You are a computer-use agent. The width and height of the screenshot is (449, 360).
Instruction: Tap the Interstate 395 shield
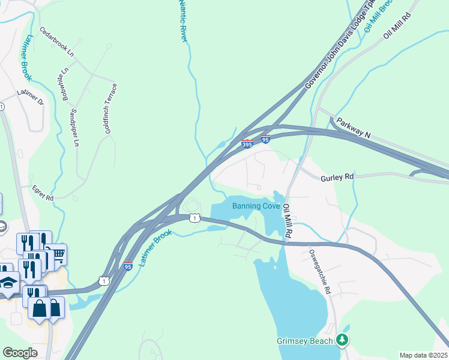click(x=247, y=144)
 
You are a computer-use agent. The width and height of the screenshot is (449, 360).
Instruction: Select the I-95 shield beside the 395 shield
click(x=265, y=139)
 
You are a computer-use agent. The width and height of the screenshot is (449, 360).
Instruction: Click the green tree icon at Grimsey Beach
click(x=343, y=341)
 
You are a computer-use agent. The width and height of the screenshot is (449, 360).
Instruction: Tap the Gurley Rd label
click(x=337, y=178)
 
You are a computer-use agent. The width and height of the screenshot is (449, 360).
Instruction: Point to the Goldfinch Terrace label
click(x=110, y=109)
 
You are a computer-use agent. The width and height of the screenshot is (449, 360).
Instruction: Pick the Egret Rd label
click(x=43, y=193)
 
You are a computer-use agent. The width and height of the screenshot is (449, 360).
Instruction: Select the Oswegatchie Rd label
click(x=320, y=272)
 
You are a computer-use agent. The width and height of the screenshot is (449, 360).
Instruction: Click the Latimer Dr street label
click(x=31, y=97)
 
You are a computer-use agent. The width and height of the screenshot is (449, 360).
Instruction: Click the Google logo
click(x=20, y=353)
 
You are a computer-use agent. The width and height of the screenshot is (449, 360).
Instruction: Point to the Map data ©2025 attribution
click(x=423, y=355)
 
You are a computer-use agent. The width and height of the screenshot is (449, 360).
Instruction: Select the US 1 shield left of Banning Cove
click(x=194, y=218)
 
